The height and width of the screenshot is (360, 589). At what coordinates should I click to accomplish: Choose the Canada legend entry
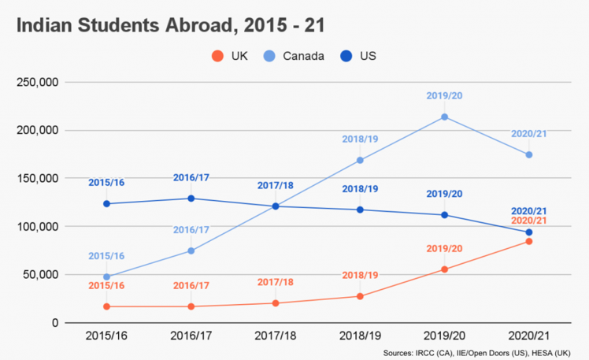pyautogui.click(x=303, y=56)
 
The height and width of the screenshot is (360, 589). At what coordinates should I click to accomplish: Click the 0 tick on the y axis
pyautogui.click(x=55, y=323)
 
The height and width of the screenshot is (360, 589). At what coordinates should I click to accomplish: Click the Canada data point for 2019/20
pyautogui.click(x=444, y=117)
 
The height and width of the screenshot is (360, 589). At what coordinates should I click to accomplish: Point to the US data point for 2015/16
pyautogui.click(x=106, y=204)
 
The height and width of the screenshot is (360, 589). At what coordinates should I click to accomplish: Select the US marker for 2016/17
pyautogui.click(x=191, y=199)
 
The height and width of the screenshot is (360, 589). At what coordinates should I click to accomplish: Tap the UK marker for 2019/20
pyautogui.click(x=444, y=269)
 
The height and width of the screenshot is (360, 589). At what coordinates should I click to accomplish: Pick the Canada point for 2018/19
pyautogui.click(x=360, y=160)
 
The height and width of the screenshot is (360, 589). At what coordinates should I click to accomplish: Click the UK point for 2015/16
pyautogui.click(x=106, y=306)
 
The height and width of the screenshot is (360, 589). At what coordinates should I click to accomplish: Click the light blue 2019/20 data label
pyautogui.click(x=444, y=95)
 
